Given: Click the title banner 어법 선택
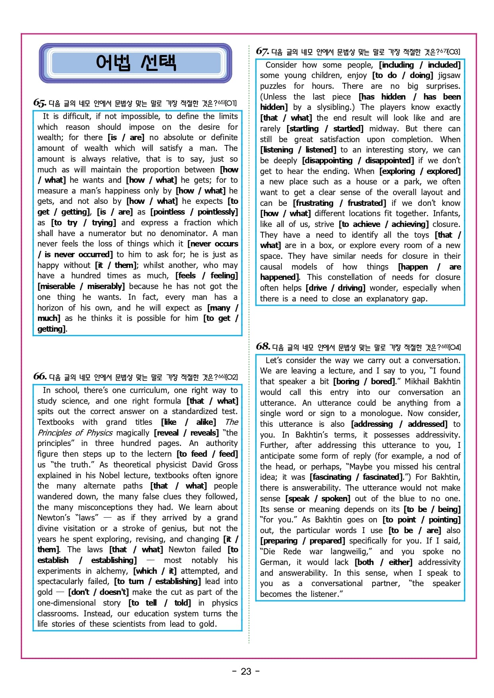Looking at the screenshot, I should tap(135, 63).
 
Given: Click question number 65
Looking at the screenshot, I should tap(39, 103).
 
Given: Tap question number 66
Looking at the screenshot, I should tap(40, 376).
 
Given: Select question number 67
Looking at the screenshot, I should tap(262, 51).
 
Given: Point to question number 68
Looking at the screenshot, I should tap(263, 346).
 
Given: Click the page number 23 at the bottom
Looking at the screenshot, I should tap(246, 671).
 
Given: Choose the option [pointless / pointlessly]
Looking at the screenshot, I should tap(194, 212).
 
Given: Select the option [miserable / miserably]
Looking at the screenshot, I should tap(81, 286).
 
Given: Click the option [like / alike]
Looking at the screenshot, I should tap(188, 422).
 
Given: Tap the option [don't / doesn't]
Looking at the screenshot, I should tap(98, 592).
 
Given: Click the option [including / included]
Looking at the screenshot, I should tap(420, 65).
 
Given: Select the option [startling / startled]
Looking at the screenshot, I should tap(325, 129).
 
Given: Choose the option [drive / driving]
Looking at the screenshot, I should tap(335, 288).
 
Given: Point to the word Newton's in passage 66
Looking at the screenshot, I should tap(54, 518).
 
